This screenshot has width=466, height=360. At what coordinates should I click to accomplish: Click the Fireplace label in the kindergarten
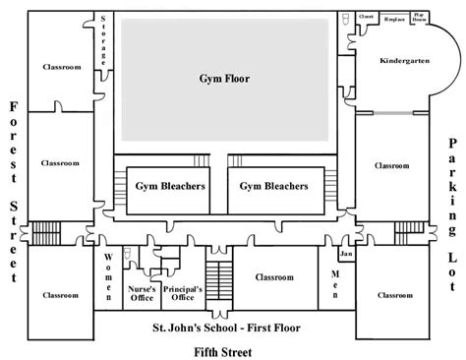(x=392, y=17)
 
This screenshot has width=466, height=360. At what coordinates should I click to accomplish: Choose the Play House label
(x=419, y=18)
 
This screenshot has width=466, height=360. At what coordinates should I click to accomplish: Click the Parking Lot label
(x=451, y=190)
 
